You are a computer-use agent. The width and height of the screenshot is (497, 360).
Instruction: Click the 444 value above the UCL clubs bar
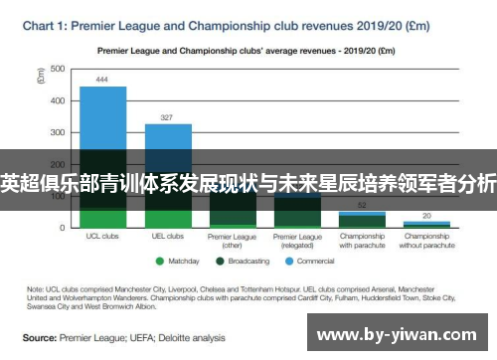click(x=102, y=79)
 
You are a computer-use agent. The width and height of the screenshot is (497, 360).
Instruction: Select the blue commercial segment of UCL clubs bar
click(x=102, y=119)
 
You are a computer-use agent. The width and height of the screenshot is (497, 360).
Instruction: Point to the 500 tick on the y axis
click(x=57, y=69)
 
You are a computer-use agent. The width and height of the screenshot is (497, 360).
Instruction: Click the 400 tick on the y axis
click(x=57, y=100)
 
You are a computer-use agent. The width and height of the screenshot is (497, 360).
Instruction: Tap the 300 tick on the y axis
click(x=57, y=132)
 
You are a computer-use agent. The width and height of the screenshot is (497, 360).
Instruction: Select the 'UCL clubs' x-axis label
click(x=102, y=237)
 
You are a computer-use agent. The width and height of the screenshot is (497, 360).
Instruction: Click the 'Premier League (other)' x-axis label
click(x=232, y=241)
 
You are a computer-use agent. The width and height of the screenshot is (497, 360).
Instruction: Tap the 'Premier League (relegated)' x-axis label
click(x=297, y=241)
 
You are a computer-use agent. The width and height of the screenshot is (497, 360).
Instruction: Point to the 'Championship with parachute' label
click(x=362, y=241)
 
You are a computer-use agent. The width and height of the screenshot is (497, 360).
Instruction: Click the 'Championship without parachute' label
click(x=426, y=241)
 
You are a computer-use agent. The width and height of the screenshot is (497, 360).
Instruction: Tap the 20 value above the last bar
click(x=426, y=215)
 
